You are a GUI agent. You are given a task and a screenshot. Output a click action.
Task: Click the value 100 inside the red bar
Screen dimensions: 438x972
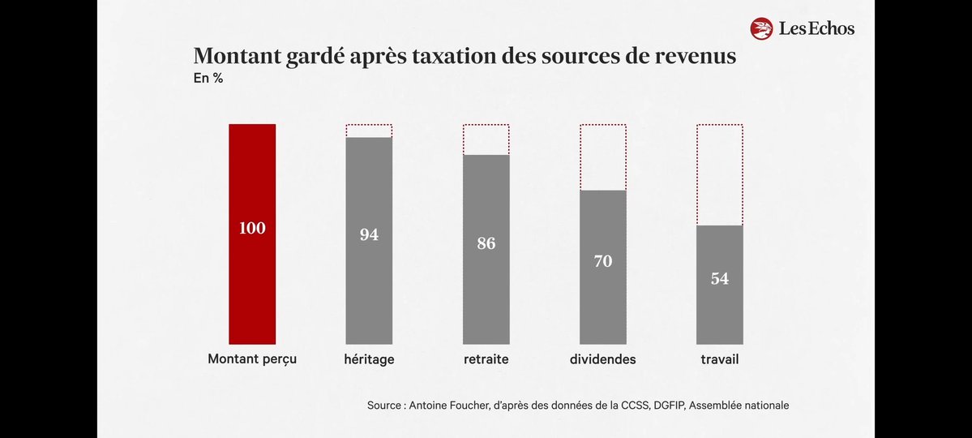[252, 229]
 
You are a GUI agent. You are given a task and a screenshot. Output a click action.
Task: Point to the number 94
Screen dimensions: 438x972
[369, 235]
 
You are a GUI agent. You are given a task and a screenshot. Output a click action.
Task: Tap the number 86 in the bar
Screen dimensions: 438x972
[486, 243]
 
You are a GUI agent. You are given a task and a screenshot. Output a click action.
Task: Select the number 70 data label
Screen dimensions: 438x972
[603, 261]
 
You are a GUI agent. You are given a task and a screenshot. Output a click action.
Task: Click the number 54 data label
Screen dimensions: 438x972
[720, 278]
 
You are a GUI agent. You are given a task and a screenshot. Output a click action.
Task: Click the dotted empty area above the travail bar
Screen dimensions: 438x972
[720, 174]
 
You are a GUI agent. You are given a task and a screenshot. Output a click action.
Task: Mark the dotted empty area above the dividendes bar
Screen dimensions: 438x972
[603, 157]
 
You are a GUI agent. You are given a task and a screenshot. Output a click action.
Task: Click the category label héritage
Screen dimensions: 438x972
[369, 359]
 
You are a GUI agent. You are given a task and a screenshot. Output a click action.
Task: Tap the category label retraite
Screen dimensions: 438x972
[486, 359]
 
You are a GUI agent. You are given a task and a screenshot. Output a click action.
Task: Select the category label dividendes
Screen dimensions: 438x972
[603, 359]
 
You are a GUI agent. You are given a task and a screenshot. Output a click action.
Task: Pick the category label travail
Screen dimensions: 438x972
[720, 359]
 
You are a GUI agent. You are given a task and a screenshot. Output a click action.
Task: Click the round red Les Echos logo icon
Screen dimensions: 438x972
[761, 29]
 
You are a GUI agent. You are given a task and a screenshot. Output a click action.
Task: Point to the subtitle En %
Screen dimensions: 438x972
[208, 79]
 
